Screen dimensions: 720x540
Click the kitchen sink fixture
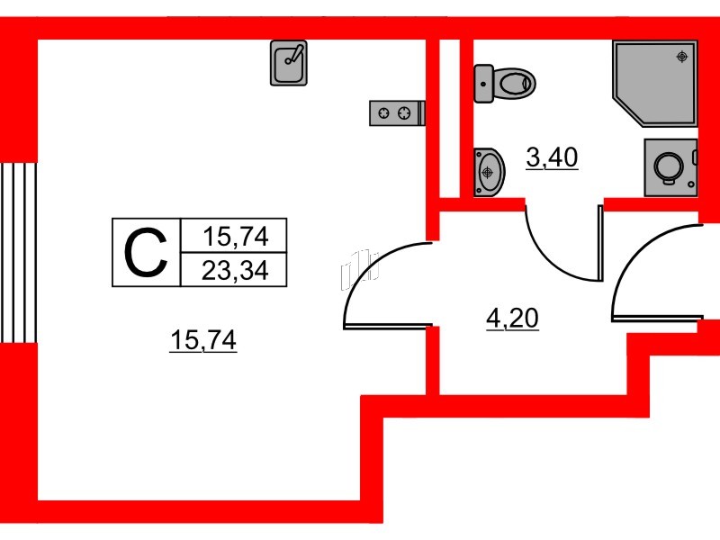(288, 63)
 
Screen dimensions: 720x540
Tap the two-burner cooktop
(397, 113)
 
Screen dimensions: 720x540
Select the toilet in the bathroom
(505, 84)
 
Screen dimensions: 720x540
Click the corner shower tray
(655, 83)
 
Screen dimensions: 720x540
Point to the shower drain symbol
(682, 57)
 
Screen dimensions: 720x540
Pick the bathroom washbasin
(489, 172)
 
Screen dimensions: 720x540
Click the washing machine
(670, 167)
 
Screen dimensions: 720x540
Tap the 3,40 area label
(552, 158)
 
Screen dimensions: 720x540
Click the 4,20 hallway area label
(512, 319)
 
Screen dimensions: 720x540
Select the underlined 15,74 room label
(203, 341)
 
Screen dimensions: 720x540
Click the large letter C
(146, 253)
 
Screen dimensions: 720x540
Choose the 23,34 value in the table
(235, 271)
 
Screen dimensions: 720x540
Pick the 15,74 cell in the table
(235, 237)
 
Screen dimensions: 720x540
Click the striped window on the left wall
(18, 253)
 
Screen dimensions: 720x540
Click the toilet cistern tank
(483, 84)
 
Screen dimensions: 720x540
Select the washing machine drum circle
(669, 166)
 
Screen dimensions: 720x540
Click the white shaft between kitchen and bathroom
(450, 119)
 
